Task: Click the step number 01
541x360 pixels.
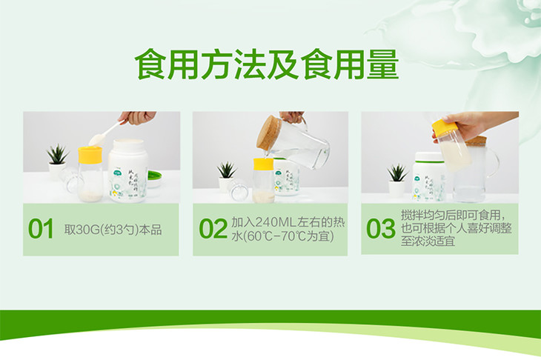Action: pyautogui.click(x=41, y=229)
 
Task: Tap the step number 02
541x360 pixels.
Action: pyautogui.click(x=213, y=229)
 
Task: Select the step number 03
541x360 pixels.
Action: pyautogui.click(x=381, y=229)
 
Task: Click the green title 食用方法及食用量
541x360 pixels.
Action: pyautogui.click(x=267, y=65)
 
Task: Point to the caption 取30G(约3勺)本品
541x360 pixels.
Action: pyautogui.click(x=113, y=230)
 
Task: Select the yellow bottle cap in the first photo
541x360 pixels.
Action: pyautogui.click(x=90, y=155)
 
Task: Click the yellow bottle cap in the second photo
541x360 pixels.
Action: pyautogui.click(x=264, y=164)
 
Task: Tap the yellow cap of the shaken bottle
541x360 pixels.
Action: pyautogui.click(x=445, y=126)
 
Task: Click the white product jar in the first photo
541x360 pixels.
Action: pyautogui.click(x=128, y=170)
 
